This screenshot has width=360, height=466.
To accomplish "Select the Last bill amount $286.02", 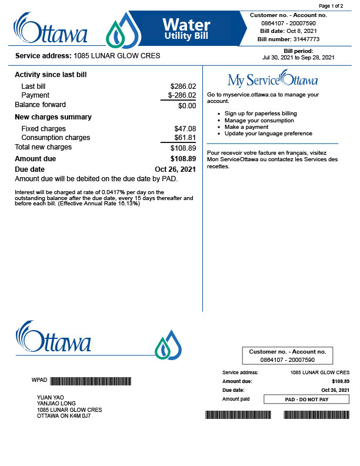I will click(x=183, y=86).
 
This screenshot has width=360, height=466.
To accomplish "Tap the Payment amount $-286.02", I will click(x=182, y=95).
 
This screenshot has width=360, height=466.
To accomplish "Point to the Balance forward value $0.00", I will click(x=187, y=106).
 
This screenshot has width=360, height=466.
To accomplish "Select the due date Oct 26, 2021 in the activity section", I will click(x=175, y=169).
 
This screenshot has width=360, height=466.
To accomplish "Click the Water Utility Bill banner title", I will click(x=186, y=28).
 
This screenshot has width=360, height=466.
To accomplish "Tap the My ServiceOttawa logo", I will click(x=272, y=79).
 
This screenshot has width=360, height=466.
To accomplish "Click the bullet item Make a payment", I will click(x=246, y=127).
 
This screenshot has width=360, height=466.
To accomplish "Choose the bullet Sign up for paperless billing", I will click(x=261, y=113).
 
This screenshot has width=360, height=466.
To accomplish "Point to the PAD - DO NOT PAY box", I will click(x=306, y=400).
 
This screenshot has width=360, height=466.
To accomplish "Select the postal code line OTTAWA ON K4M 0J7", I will click(x=64, y=416).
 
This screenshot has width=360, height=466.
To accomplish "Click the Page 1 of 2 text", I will click(x=331, y=5).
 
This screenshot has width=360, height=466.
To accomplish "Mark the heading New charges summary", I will click(x=53, y=117).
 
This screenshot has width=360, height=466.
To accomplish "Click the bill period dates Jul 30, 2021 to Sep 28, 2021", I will click(x=298, y=57).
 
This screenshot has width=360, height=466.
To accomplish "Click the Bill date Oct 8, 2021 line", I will click(x=288, y=31).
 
